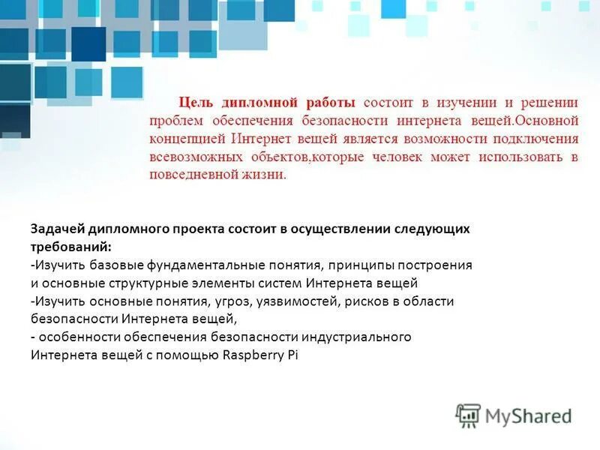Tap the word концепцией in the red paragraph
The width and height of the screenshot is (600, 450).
[x=187, y=139]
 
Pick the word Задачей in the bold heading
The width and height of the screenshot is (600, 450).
[x=57, y=229]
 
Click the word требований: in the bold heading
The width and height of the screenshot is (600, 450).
[x=71, y=247]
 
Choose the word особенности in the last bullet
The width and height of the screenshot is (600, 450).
[x=77, y=337]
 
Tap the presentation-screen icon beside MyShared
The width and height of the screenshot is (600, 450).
[x=468, y=415]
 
